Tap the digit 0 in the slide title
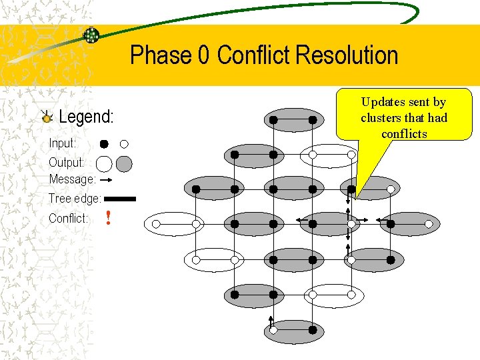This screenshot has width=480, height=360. (204, 55)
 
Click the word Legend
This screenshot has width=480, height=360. (86, 117)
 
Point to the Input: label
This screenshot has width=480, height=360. (63, 143)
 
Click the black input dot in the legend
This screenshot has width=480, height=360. (104, 144)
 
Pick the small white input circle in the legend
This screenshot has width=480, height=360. (124, 144)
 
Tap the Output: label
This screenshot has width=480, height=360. (66, 163)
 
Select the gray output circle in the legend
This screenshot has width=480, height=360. (124, 163)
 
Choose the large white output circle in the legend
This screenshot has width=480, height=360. (104, 163)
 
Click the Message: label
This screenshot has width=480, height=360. (72, 179)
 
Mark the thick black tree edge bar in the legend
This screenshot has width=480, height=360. (120, 199)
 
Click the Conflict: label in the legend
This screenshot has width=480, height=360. (68, 219)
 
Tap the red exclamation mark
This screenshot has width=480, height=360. (108, 218)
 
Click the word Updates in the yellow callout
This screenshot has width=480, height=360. (383, 102)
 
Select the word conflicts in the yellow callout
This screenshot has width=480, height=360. (404, 134)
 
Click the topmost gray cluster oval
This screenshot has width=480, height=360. (293, 120)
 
